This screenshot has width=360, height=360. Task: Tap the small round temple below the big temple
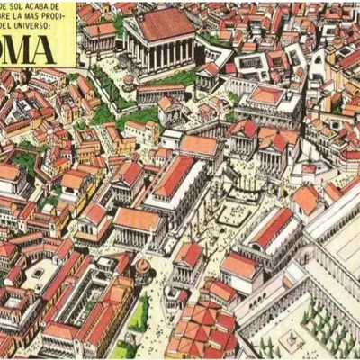[x=129, y=82]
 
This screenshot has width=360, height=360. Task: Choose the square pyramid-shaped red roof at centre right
[x=266, y=95]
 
